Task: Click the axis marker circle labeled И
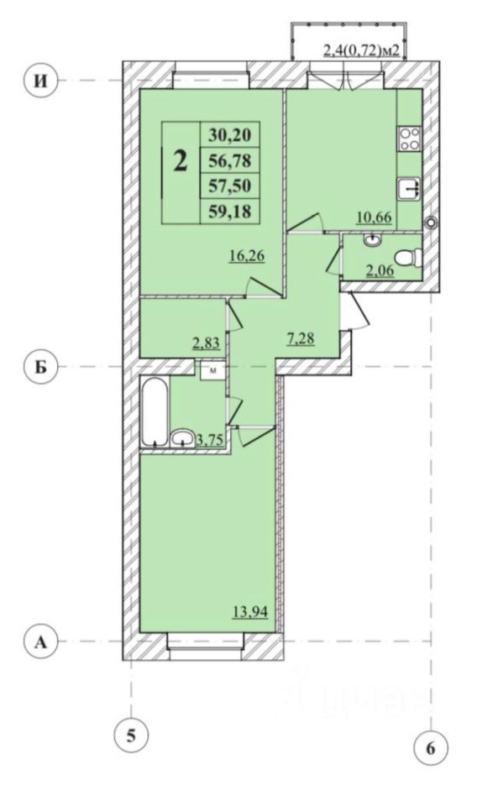[x=42, y=81]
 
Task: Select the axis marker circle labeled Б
[x=42, y=367]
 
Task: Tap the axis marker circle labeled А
[x=42, y=641]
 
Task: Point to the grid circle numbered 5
[x=132, y=735]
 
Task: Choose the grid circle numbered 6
[x=431, y=748]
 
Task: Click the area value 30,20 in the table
[x=230, y=135]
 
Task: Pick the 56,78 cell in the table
[x=230, y=161]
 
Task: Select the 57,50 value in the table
[x=230, y=186]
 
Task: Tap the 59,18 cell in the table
[x=230, y=211]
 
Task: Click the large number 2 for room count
[x=180, y=161]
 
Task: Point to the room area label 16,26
[x=248, y=255]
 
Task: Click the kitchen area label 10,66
[x=375, y=217]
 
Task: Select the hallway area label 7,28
[x=300, y=338]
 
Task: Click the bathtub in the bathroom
[x=155, y=412]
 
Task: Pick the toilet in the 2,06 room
[x=409, y=258]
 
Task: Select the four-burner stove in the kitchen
[x=410, y=139]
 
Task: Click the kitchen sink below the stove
[x=410, y=187]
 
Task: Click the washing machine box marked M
[x=212, y=370]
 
